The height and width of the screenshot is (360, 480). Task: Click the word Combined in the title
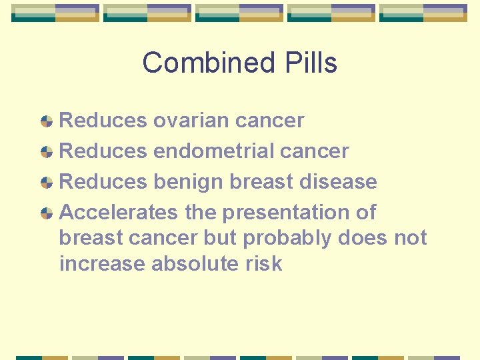pyautogui.click(x=195, y=63)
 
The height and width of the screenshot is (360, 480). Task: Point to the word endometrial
pyautogui.click(x=213, y=151)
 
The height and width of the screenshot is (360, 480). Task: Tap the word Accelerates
pyautogui.click(x=119, y=213)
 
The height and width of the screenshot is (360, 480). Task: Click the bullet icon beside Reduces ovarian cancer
pyautogui.click(x=47, y=121)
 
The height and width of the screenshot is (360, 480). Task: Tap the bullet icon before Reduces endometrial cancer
pyautogui.click(x=47, y=152)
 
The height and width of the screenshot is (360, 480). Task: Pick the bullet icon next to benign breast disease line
pyautogui.click(x=47, y=183)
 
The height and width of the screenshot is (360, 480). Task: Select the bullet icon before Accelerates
pyautogui.click(x=47, y=213)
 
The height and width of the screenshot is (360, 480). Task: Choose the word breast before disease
pyautogui.click(x=265, y=182)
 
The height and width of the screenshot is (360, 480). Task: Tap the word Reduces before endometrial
pyautogui.click(x=103, y=151)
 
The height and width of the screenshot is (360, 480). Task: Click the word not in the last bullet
pyautogui.click(x=411, y=239)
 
